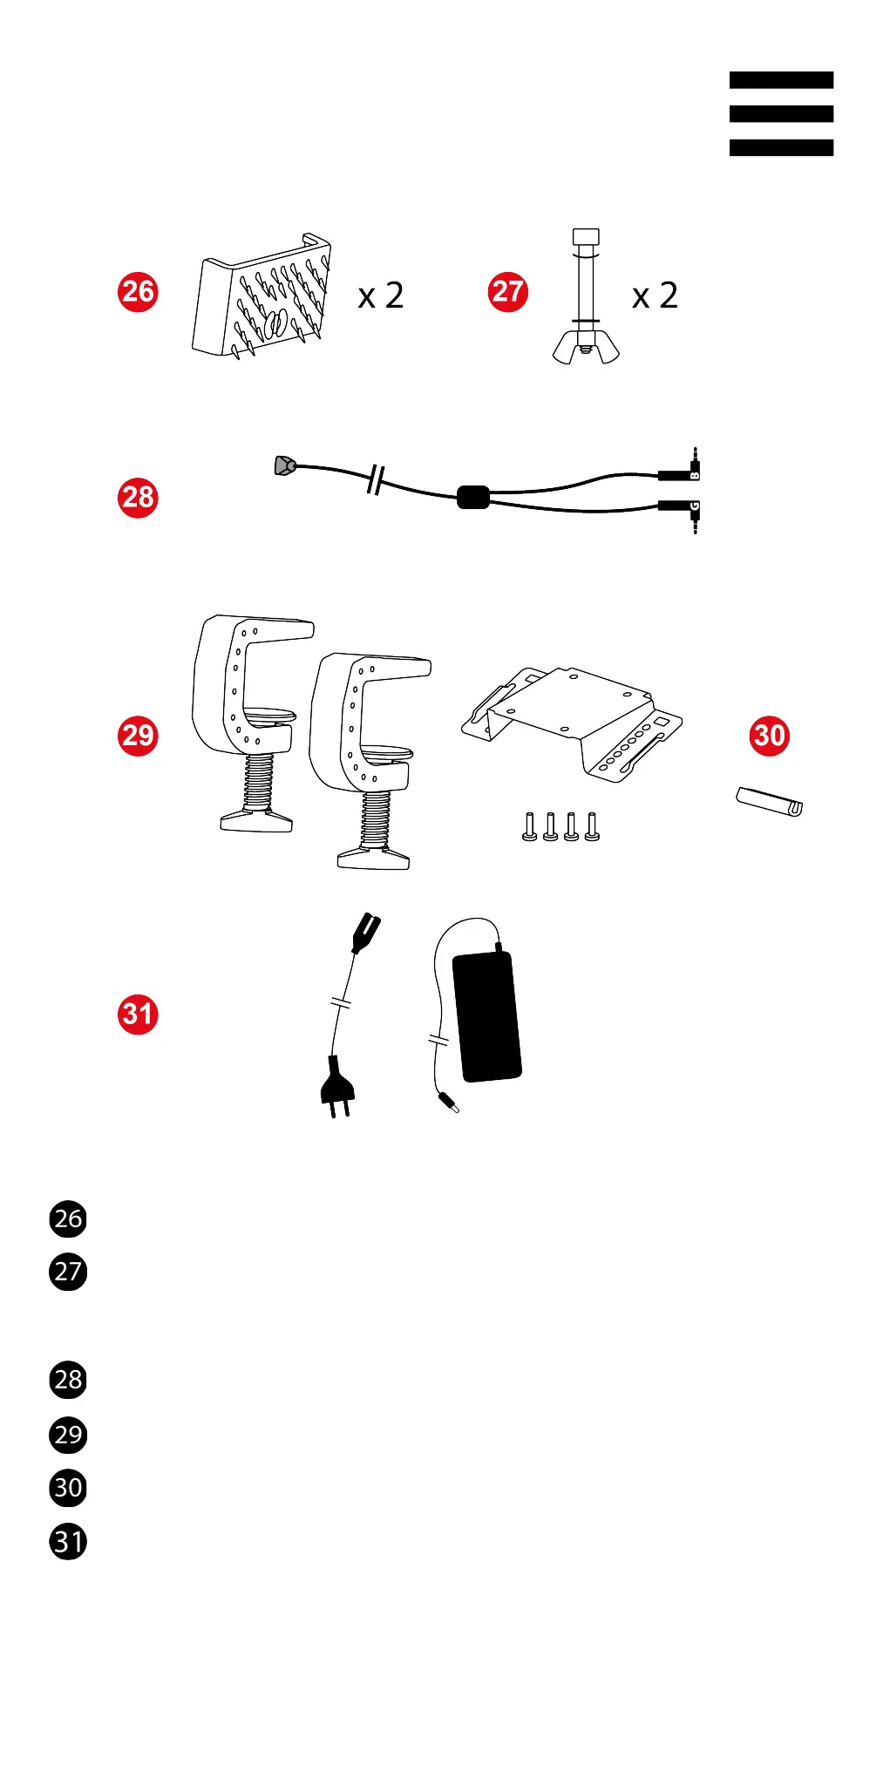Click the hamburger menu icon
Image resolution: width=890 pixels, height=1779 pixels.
781,114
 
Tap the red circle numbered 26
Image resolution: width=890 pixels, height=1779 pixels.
138,292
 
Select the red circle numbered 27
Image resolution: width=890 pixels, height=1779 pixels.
508,292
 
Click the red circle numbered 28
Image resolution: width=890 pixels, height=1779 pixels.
138,498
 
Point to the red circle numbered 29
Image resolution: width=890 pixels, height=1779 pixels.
138,736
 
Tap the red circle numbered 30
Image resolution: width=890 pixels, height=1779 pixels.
769,736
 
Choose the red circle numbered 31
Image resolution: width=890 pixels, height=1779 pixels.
138,1014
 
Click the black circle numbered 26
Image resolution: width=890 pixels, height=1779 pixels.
68,1219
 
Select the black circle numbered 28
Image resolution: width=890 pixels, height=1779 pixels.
68,1380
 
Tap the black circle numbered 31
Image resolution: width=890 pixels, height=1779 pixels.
68,1541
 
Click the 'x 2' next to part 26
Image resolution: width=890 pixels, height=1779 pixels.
381,296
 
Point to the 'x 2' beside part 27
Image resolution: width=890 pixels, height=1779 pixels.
655,296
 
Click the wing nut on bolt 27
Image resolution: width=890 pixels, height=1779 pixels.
586,347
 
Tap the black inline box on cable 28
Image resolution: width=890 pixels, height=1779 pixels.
473,497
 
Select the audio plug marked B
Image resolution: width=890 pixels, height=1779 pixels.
681,473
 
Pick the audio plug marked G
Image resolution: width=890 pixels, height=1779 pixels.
681,506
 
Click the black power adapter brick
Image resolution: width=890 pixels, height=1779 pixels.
487,1015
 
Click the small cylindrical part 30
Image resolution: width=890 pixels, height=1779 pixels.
769,802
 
